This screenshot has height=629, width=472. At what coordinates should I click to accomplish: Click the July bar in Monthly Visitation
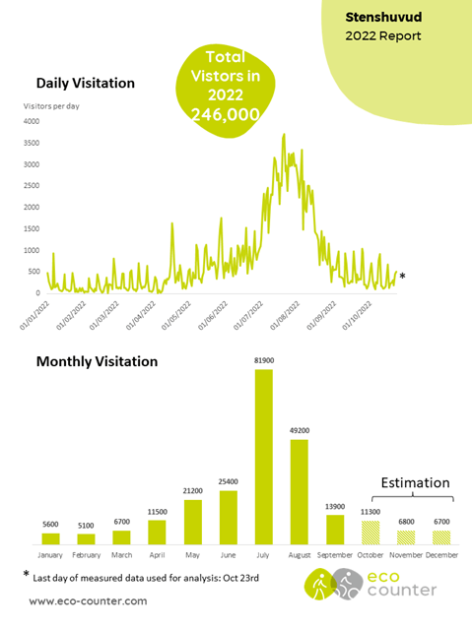tap(264, 457)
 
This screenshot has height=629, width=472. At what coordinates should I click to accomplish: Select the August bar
tap(300, 492)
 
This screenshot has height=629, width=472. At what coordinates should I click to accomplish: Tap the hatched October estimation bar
tap(371, 533)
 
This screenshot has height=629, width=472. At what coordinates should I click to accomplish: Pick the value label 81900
tap(264, 360)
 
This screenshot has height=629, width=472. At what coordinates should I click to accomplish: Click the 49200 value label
tap(300, 430)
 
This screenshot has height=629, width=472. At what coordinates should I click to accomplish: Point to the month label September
tap(335, 555)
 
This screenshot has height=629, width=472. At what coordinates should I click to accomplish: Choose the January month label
tap(50, 555)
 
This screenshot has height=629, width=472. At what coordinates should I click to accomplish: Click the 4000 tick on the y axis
tap(32, 121)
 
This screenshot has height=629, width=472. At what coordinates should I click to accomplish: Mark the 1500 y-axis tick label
tap(32, 228)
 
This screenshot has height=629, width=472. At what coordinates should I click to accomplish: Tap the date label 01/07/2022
tap(248, 316)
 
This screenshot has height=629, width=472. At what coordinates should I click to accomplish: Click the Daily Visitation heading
tap(86, 83)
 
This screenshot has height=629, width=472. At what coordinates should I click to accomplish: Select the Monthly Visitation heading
tap(97, 361)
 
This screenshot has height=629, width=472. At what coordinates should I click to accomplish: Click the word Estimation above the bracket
tap(416, 482)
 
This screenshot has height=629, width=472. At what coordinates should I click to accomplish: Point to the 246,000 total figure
tap(226, 115)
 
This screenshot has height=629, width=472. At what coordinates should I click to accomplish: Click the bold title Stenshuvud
tap(383, 18)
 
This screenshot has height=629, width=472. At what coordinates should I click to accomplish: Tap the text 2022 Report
tap(383, 35)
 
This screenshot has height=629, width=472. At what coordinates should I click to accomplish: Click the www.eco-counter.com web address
tap(88, 600)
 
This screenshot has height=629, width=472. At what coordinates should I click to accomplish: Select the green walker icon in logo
tap(320, 585)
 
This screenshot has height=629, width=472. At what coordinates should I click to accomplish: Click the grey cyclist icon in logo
tap(348, 584)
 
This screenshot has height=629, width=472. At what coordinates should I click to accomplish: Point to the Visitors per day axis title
tap(51, 106)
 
